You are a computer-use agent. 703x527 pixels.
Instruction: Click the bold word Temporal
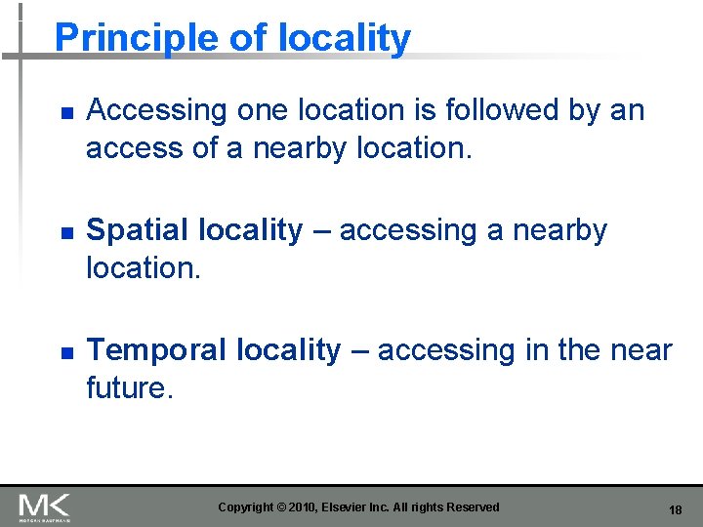point(156,350)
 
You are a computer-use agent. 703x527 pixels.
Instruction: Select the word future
point(127,387)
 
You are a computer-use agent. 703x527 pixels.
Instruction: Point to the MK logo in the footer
point(44,507)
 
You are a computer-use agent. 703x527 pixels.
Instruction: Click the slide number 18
point(675,509)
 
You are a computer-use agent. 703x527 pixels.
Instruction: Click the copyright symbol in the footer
point(281,507)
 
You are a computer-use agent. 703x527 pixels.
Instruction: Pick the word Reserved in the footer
point(473,507)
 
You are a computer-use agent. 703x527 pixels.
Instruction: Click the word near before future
point(640,350)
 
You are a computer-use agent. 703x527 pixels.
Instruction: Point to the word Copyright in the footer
point(246,507)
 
